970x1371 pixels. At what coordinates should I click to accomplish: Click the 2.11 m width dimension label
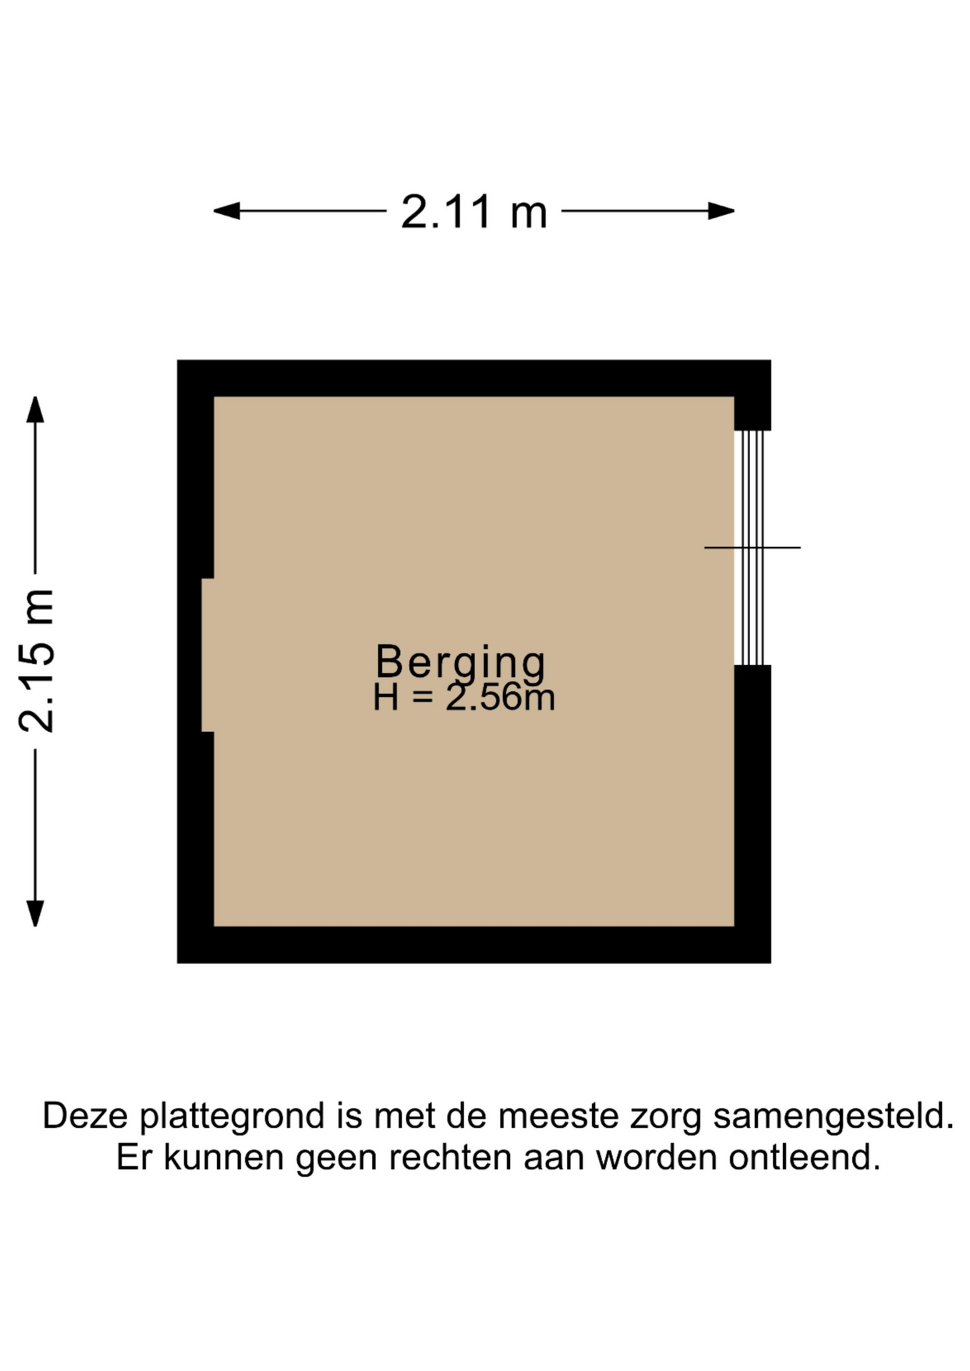pos(474,212)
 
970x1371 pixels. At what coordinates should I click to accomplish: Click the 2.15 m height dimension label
pos(36,661)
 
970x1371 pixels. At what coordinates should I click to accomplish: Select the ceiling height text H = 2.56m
pos(464,697)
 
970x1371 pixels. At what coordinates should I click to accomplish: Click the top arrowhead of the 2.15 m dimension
pos(35,410)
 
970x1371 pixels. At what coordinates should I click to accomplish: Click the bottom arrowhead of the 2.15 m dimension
pos(35,913)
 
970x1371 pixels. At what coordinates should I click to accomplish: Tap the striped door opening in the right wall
pos(752,548)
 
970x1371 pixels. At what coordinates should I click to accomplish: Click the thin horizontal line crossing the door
pos(752,548)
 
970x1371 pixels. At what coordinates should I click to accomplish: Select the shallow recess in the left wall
pos(208,656)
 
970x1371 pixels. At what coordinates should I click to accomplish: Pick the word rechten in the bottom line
pos(450,1157)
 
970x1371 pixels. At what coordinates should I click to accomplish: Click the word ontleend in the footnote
pos(804,1157)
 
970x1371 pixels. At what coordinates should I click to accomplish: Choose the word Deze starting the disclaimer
pos(86,1116)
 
